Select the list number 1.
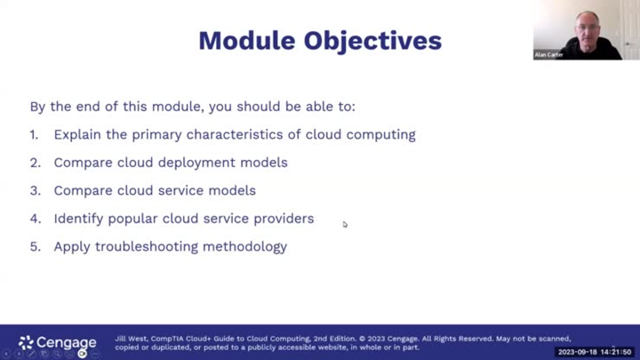coord(34,135)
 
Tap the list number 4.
coord(35,219)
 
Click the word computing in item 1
coord(380,135)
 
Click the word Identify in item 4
coord(78,219)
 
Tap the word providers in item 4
coord(284,219)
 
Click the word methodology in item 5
coord(251,247)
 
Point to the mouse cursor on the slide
coord(345,224)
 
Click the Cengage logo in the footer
coord(57,342)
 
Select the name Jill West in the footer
coord(131,339)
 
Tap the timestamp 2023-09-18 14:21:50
coord(594,353)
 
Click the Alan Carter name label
coord(549,54)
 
